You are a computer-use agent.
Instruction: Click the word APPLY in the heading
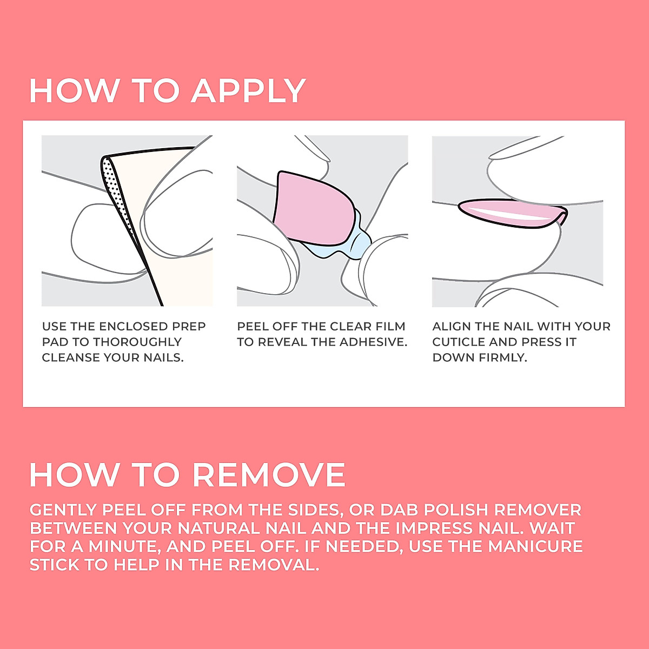tap(248, 91)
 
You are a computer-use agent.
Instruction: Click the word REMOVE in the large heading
tap(269, 475)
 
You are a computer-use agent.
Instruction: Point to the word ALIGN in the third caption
tap(450, 327)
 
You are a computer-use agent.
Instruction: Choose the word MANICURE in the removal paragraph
tap(535, 546)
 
